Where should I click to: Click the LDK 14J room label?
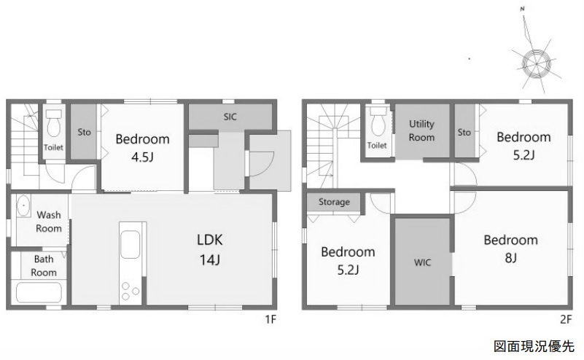[x=210, y=249]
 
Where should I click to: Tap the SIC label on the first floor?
[x=230, y=117]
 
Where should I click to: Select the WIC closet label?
[x=422, y=262]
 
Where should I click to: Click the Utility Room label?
[x=421, y=130]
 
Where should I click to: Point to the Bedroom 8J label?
[x=510, y=249]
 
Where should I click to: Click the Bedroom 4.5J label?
[x=142, y=148]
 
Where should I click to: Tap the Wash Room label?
[x=49, y=222]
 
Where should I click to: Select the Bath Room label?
[x=44, y=265]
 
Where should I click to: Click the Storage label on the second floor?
[x=334, y=202]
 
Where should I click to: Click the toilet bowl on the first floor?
[x=55, y=123]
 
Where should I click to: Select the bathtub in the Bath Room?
[x=39, y=293]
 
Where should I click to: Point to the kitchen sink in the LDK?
[x=131, y=244]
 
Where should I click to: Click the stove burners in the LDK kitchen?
[x=130, y=291]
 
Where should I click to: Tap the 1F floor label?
[x=270, y=319]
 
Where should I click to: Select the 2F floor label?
[x=566, y=319]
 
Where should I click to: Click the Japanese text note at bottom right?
[x=534, y=346]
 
